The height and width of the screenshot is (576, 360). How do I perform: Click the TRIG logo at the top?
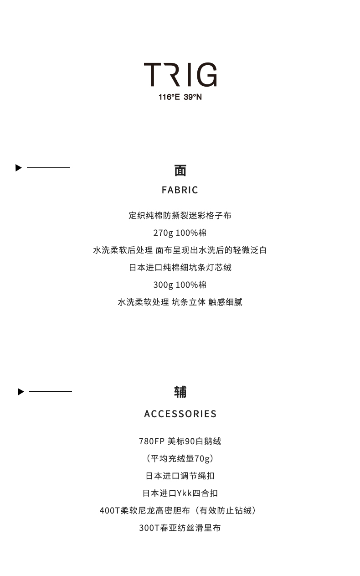pyautogui.click(x=180, y=75)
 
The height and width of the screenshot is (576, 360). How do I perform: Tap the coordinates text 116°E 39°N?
pyautogui.click(x=180, y=97)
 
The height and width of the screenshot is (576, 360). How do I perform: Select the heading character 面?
pyautogui.click(x=180, y=171)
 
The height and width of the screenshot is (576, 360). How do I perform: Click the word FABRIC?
pyautogui.click(x=180, y=190)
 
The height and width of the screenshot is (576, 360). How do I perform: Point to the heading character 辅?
pyautogui.click(x=180, y=392)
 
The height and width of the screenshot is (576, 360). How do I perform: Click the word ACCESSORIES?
pyautogui.click(x=180, y=414)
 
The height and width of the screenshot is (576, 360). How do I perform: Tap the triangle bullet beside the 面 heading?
pyautogui.click(x=19, y=168)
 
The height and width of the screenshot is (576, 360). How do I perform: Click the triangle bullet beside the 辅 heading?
pyautogui.click(x=21, y=392)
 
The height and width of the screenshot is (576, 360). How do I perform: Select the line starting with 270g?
pyautogui.click(x=180, y=233)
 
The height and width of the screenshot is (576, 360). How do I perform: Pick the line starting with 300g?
pyautogui.click(x=180, y=285)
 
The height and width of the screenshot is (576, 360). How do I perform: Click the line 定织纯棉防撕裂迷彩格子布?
pyautogui.click(x=180, y=216)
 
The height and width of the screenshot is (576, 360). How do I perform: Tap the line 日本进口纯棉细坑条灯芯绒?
pyautogui.click(x=180, y=268)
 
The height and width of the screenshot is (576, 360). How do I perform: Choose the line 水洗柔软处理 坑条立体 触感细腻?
pyautogui.click(x=180, y=302)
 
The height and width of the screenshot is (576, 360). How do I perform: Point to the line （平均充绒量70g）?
pyautogui.click(x=180, y=459)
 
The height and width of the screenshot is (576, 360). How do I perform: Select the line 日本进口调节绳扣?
pyautogui.click(x=180, y=476)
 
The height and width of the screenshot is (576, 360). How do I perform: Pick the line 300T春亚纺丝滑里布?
pyautogui.click(x=180, y=528)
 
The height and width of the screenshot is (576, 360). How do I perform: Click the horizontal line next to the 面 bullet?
pyautogui.click(x=48, y=168)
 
